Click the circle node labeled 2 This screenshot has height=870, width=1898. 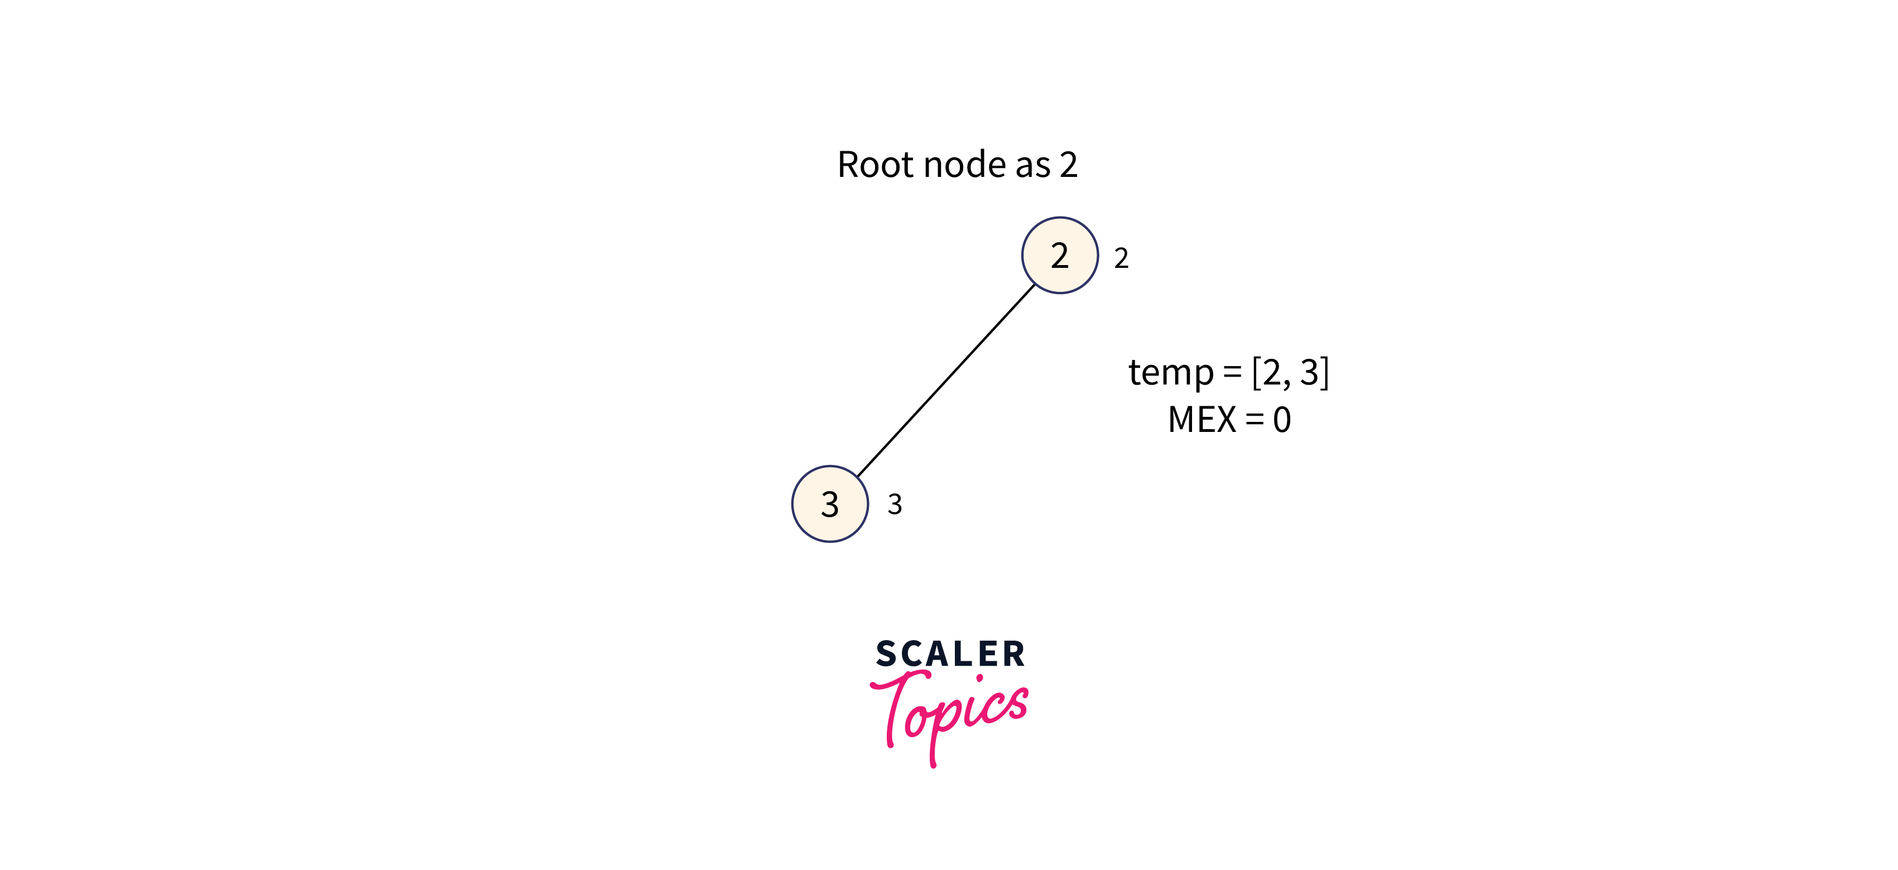(1060, 255)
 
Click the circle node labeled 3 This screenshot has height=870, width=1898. (830, 504)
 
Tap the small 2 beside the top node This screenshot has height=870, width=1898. (1121, 258)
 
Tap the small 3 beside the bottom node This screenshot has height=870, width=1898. (895, 504)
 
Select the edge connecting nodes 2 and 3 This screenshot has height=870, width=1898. (946, 380)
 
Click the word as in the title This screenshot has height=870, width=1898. (1032, 166)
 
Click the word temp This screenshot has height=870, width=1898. (1170, 373)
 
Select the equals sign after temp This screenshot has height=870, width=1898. (1232, 373)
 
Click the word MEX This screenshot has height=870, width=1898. (1202, 420)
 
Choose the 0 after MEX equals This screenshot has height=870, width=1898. (1281, 420)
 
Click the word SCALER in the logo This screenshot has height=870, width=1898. (950, 654)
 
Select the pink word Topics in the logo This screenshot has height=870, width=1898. (950, 711)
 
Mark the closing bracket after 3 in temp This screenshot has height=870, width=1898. (1325, 373)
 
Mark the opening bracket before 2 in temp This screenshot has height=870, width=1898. (1256, 373)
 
